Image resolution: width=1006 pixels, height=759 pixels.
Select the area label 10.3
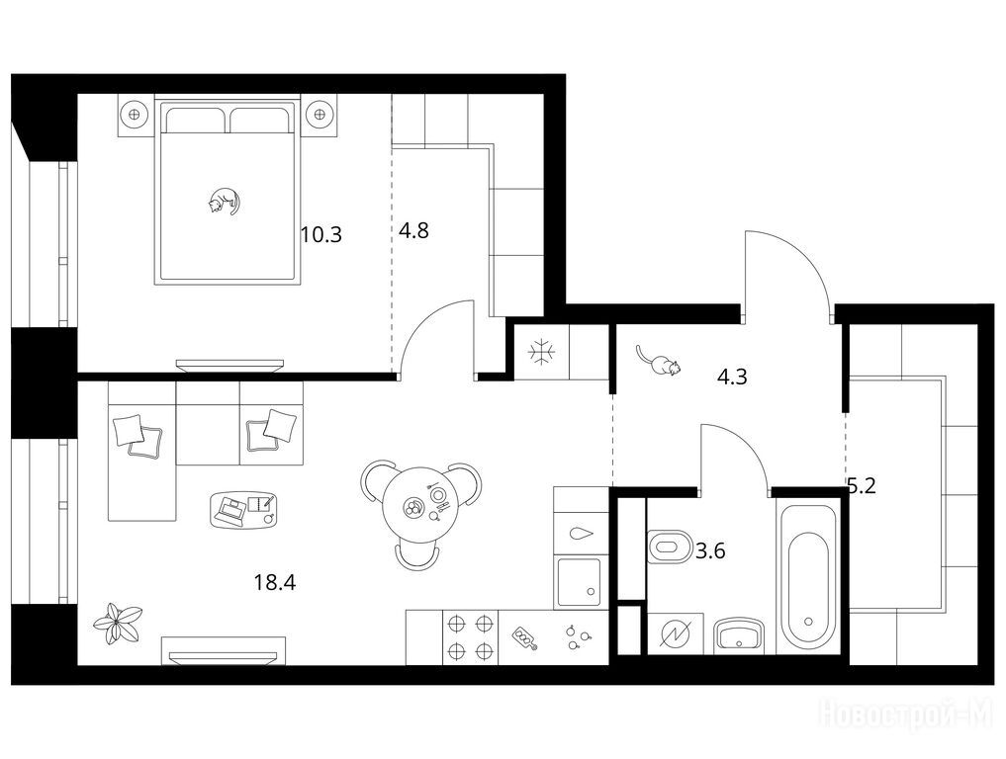(x=321, y=234)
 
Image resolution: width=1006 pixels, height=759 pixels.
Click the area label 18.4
(x=275, y=583)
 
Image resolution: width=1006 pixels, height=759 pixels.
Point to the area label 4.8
(x=413, y=230)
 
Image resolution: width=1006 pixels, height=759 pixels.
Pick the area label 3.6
(x=710, y=550)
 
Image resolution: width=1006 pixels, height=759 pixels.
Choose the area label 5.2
(x=862, y=486)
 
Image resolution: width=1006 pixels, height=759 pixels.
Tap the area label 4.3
(x=732, y=377)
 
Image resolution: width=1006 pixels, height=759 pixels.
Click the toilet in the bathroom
(x=669, y=547)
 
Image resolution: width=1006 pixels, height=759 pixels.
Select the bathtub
(x=808, y=576)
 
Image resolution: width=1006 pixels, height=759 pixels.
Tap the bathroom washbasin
(x=740, y=635)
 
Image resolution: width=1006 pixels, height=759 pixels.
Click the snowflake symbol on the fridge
(x=542, y=353)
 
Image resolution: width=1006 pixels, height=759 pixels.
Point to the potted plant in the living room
(x=118, y=623)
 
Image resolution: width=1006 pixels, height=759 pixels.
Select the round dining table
(x=419, y=506)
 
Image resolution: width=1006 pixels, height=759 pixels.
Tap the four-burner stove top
(x=470, y=637)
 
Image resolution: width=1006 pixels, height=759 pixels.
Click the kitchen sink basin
(x=579, y=583)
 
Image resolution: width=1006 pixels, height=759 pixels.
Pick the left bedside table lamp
(x=135, y=115)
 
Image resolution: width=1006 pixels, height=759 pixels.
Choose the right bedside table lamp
(x=319, y=115)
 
